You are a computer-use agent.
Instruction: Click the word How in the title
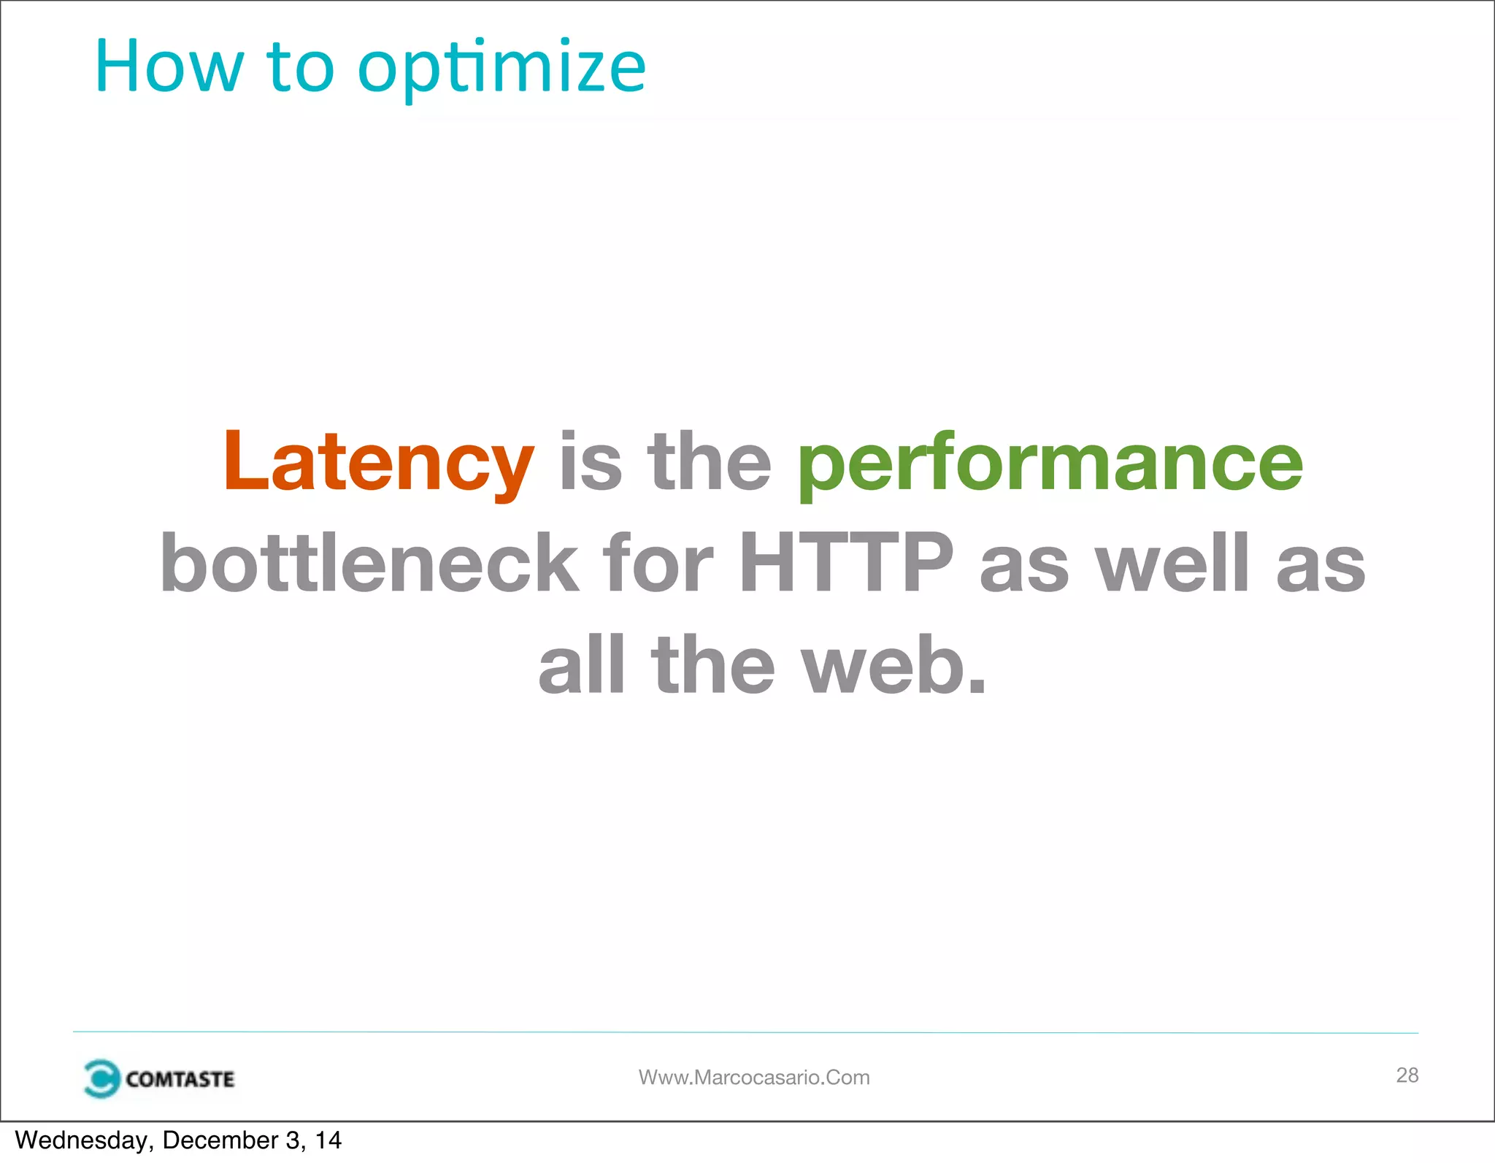(x=169, y=67)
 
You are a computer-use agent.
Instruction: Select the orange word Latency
(x=378, y=462)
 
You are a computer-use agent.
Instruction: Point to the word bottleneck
(x=369, y=563)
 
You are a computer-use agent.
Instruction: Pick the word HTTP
(x=846, y=563)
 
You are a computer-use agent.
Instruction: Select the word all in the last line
(x=582, y=665)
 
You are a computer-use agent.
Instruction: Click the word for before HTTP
(x=657, y=563)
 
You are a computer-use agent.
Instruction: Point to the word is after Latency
(x=591, y=462)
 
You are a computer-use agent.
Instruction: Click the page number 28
(x=1407, y=1075)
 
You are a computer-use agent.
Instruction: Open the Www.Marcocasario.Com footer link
(x=754, y=1078)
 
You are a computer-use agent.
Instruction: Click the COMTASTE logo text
(x=180, y=1079)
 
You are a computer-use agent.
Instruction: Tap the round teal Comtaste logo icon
(x=101, y=1079)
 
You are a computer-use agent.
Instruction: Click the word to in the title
(x=300, y=67)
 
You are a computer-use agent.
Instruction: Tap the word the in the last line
(x=712, y=665)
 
